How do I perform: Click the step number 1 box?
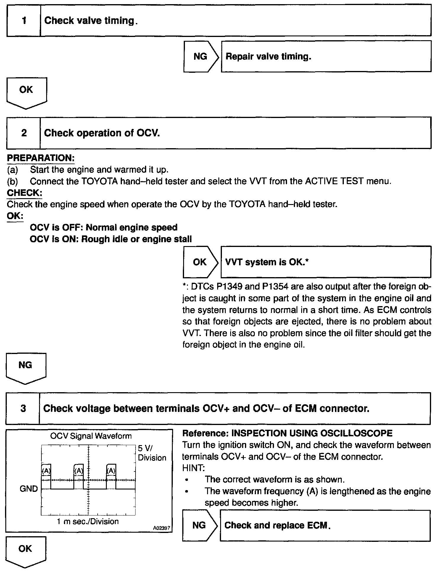[x=24, y=21]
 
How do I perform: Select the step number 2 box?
[x=24, y=133]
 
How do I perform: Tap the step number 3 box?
[x=23, y=408]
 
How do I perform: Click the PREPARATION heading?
[x=41, y=158]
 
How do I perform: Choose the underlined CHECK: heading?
[x=24, y=193]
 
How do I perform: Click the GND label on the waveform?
[x=29, y=488]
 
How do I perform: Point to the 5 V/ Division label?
[x=152, y=453]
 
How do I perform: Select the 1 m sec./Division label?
[x=88, y=521]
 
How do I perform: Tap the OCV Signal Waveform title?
[x=91, y=436]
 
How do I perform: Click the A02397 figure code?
[x=162, y=528]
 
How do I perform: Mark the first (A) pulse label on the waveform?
[x=46, y=471]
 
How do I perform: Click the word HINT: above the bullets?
[x=193, y=468]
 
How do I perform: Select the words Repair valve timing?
[x=268, y=56]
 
